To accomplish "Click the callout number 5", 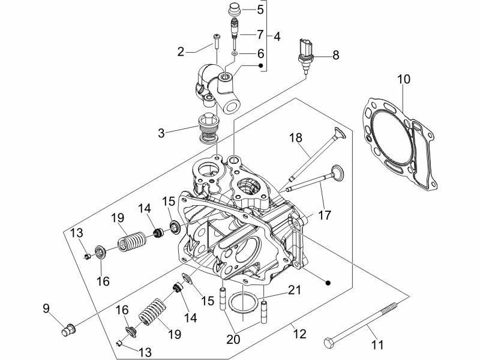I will (260, 9).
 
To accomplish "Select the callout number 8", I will (335, 55).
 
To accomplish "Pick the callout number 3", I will (161, 132).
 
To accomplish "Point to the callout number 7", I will (260, 34).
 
